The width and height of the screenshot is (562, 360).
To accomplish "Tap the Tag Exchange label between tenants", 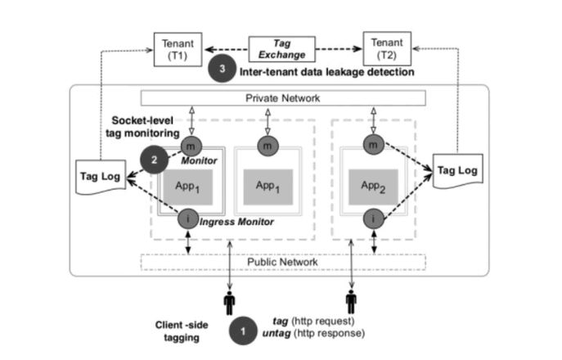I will point(283,47).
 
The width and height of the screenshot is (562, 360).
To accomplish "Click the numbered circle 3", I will point(220,70).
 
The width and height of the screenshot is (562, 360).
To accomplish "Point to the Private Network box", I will point(284,98).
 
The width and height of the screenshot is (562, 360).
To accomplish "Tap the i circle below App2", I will point(374,219).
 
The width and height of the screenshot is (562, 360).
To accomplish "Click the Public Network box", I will point(284,262).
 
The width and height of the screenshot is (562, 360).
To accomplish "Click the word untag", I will point(286,334).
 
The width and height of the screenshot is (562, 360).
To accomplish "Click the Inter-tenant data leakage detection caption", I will point(326,72).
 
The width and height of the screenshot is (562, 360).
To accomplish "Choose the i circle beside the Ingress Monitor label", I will point(188,218).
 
